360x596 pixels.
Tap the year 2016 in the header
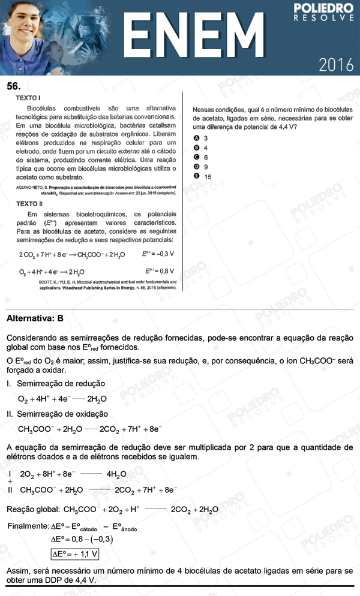click(x=335, y=65)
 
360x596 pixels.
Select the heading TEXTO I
click(x=28, y=98)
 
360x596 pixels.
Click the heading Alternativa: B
click(x=35, y=318)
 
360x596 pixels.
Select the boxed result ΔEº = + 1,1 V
click(x=75, y=553)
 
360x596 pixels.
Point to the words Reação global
click(x=31, y=510)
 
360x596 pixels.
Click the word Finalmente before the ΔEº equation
click(x=27, y=526)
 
